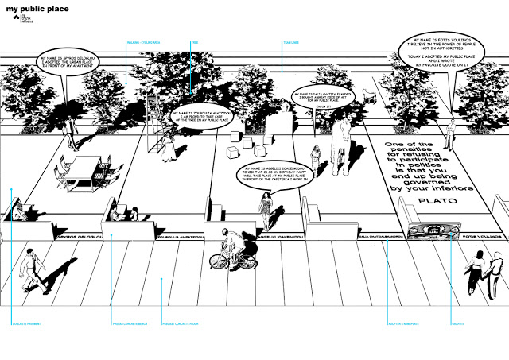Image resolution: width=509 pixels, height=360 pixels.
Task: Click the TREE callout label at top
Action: (193, 42)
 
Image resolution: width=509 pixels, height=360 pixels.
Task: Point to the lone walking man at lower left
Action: (30, 267)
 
